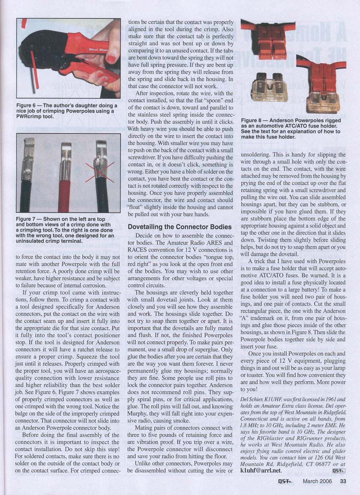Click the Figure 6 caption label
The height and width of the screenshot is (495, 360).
coord(29,106)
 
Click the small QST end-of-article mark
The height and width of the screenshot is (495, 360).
coord(338,471)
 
